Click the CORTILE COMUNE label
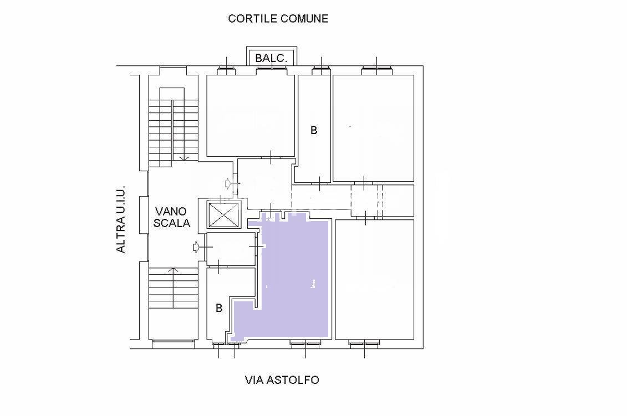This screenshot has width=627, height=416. click(x=278, y=18)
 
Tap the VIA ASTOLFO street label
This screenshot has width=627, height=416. click(x=282, y=379)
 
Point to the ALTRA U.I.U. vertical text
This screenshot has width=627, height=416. click(x=121, y=219)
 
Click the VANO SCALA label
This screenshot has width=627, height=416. click(x=171, y=217)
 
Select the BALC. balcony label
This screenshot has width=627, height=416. click(x=271, y=58)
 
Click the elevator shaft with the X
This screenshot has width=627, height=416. click(x=223, y=214)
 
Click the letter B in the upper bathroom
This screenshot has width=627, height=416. click(x=314, y=130)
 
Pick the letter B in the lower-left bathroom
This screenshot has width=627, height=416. click(x=219, y=308)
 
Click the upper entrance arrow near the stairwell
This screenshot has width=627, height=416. click(x=228, y=184)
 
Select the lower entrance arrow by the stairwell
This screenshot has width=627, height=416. click(x=196, y=247)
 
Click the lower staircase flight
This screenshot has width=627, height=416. click(x=174, y=287)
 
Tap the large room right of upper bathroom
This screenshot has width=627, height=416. click(x=374, y=129)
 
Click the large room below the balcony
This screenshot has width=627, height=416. click(x=251, y=115)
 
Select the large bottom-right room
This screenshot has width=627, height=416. click(x=375, y=279)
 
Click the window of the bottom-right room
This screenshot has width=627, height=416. click(x=364, y=342)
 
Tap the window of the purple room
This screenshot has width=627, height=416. click(x=305, y=342)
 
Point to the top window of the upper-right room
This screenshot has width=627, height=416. click(x=376, y=71)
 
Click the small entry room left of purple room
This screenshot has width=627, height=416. click(x=231, y=249)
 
